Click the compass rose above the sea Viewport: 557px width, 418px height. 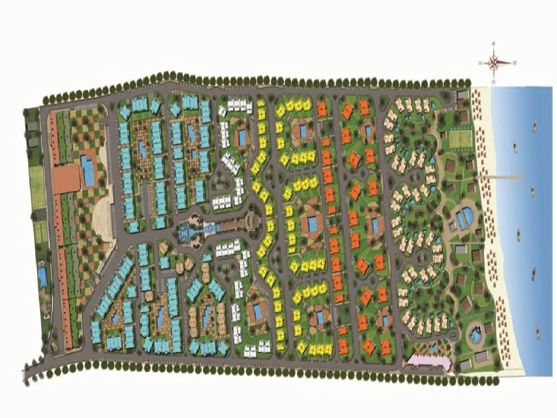495,62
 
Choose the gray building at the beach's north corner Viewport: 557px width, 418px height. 462,95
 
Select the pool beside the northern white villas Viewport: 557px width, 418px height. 242,137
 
